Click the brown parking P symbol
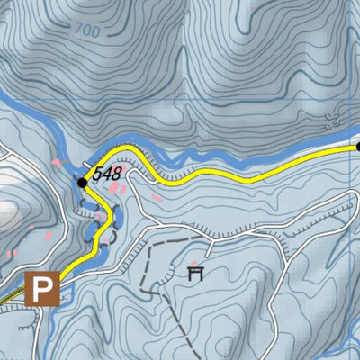point(40,290)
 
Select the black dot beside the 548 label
point(83,182)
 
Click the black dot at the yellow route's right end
point(357,146)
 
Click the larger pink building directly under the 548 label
point(114,188)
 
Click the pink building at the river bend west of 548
point(59,164)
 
